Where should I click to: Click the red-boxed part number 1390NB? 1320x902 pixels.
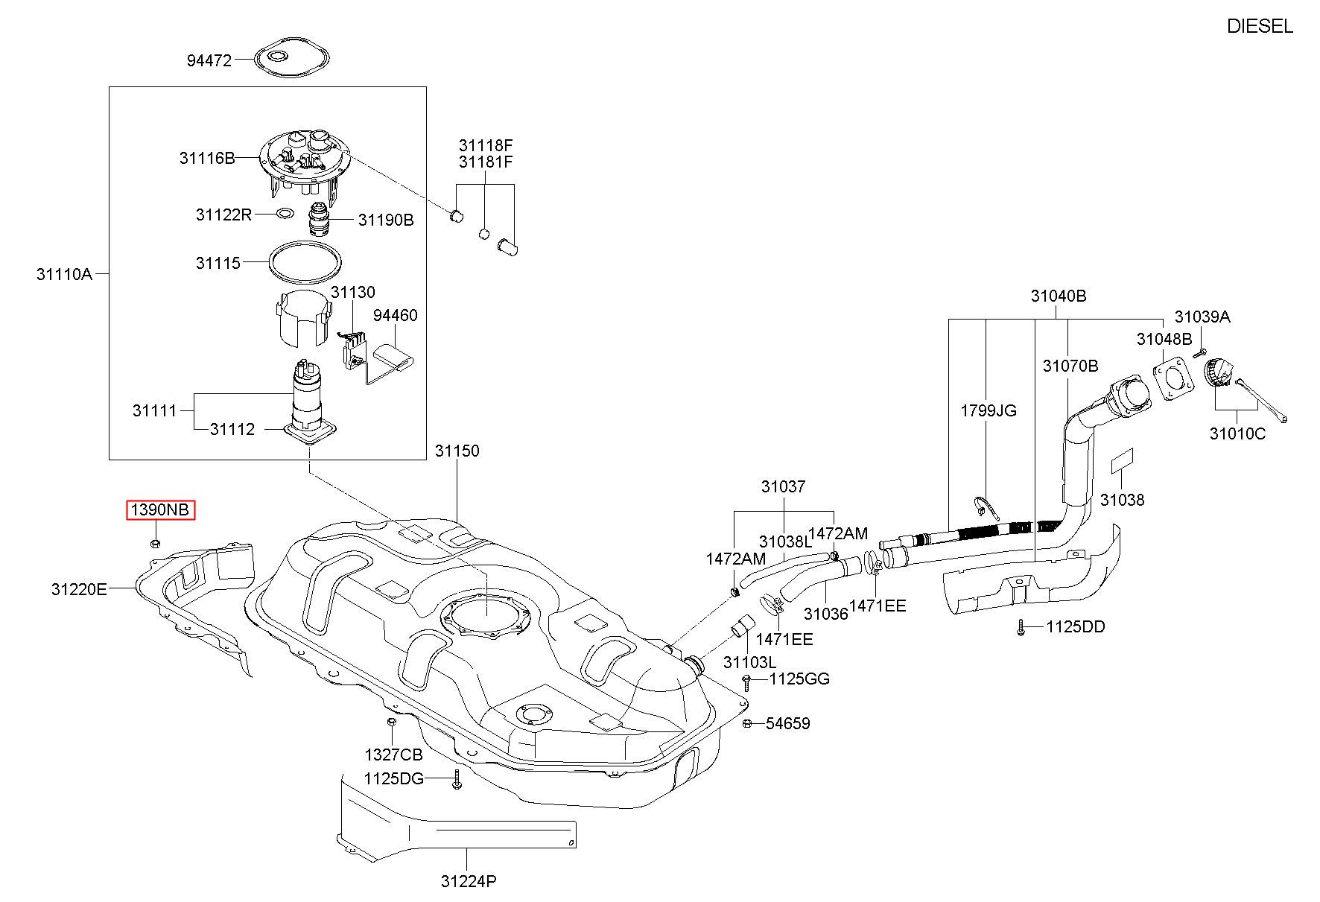point(160,510)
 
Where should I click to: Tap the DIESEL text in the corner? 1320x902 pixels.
point(1260,27)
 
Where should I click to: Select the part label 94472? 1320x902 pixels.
point(209,60)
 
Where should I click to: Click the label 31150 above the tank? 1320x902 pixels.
point(457,451)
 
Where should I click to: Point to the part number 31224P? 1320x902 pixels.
point(469,881)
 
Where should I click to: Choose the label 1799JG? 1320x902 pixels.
point(989,410)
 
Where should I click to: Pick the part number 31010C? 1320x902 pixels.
point(1237,433)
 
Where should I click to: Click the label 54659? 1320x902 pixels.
point(788,723)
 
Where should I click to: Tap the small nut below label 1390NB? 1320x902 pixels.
point(155,544)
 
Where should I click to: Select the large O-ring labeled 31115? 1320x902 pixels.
point(305,264)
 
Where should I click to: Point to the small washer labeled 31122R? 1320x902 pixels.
point(285,215)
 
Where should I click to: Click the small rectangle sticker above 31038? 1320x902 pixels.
point(1122,462)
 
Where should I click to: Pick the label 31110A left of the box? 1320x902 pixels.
point(64,274)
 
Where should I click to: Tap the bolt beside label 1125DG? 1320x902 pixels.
point(457,780)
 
